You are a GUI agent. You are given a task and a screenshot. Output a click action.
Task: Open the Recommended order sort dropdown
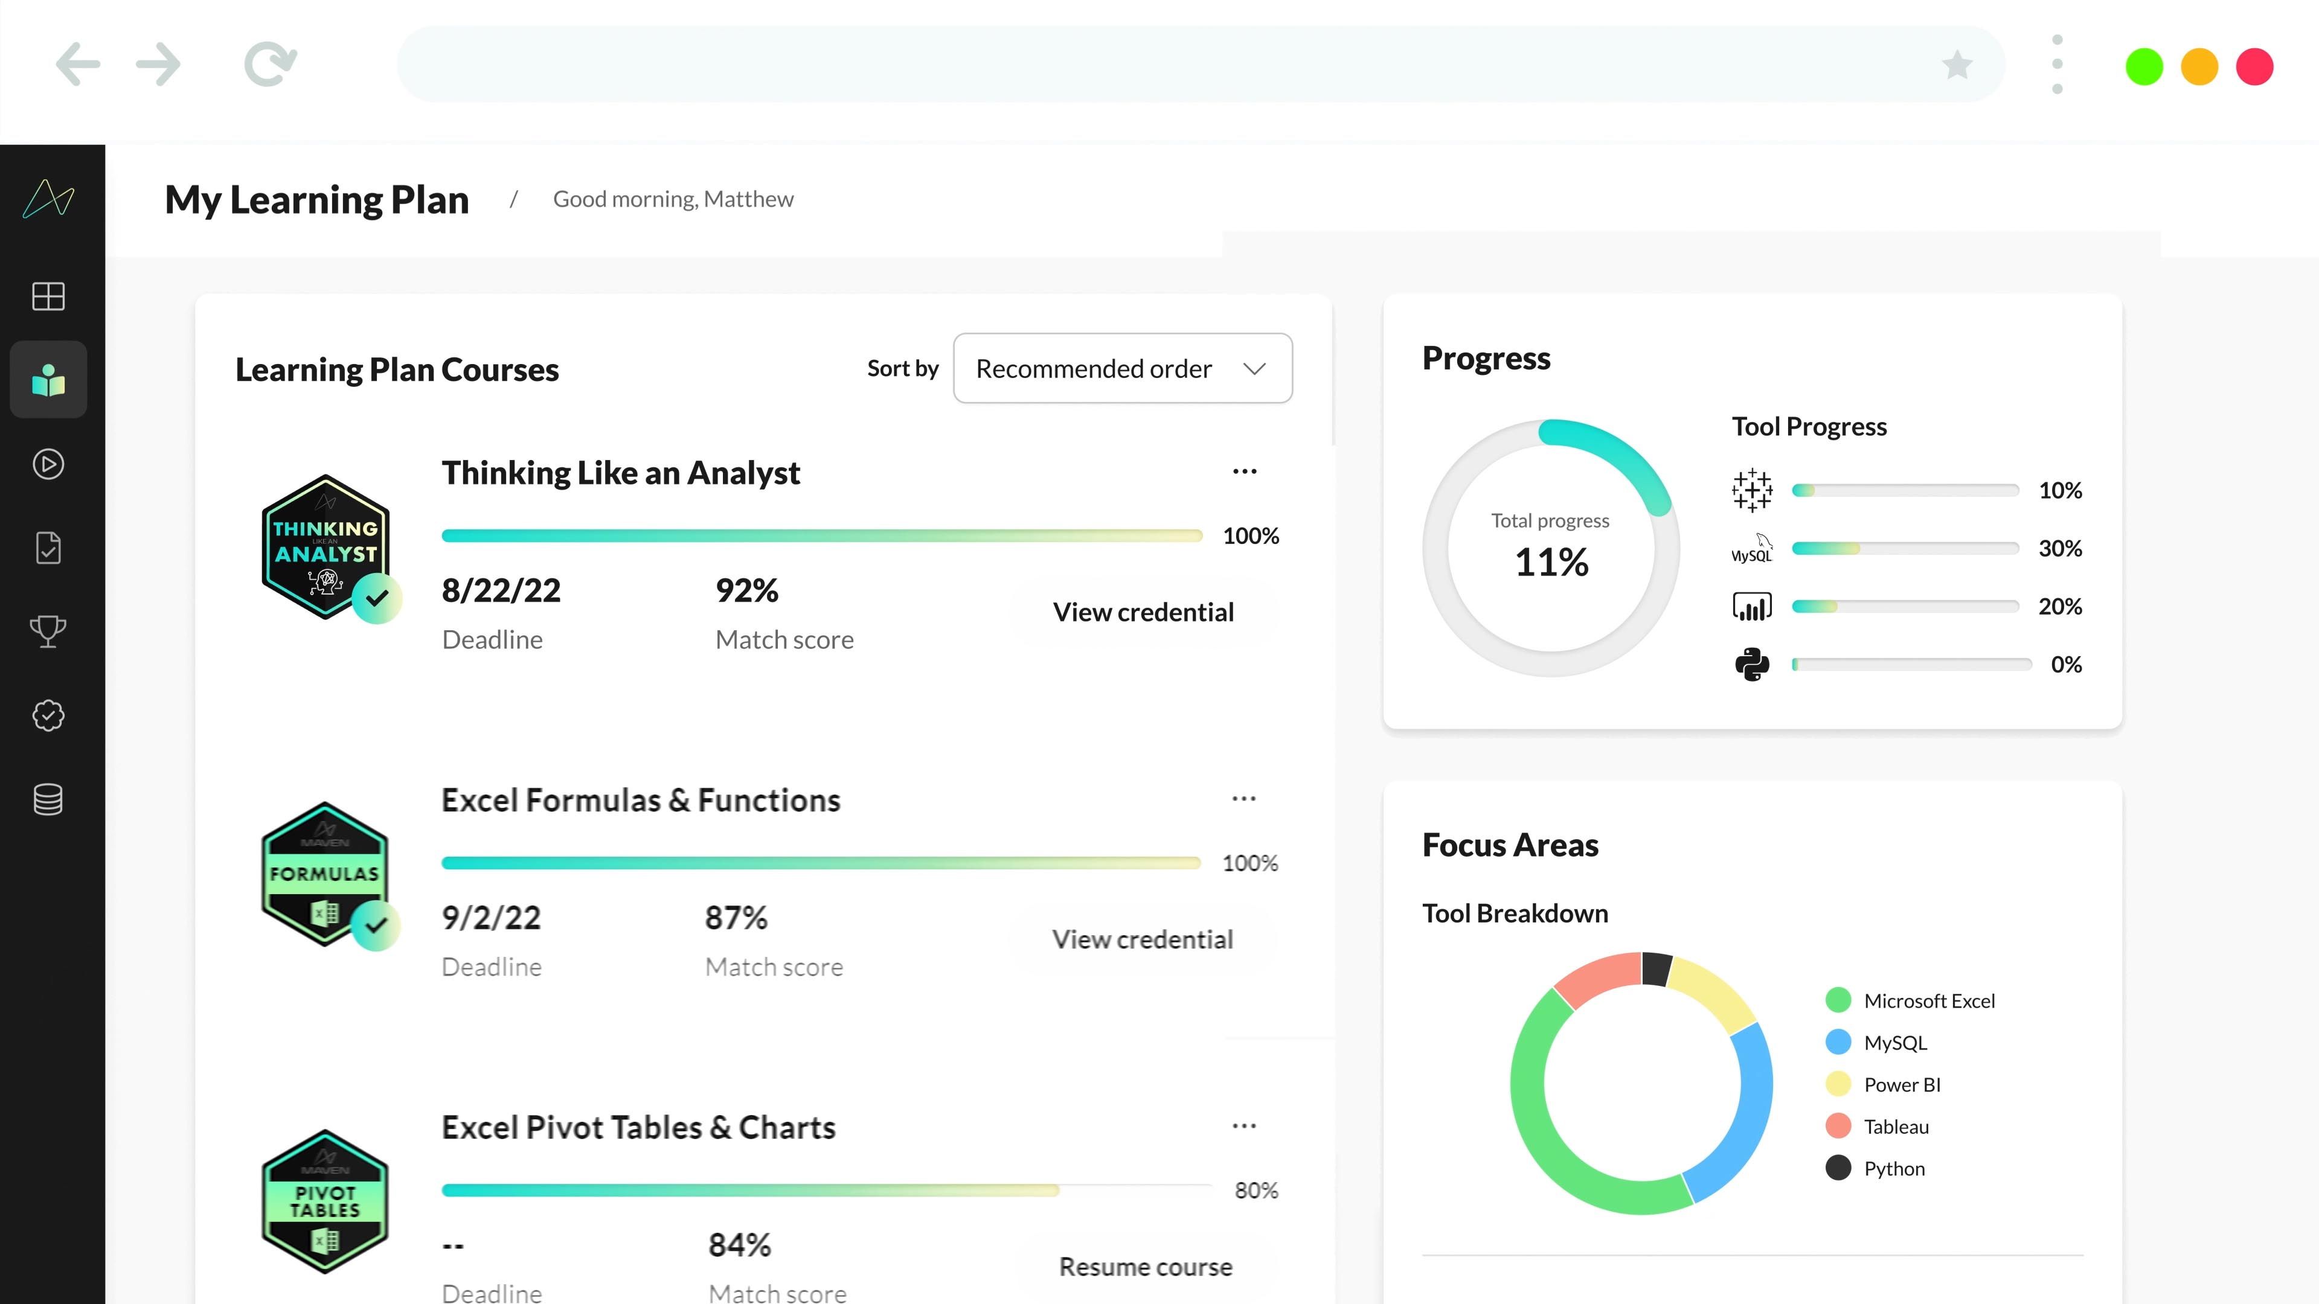[1123, 368]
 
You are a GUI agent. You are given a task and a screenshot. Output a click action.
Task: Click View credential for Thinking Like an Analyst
[1143, 612]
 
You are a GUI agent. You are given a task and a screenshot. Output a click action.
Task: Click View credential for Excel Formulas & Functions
[1143, 939]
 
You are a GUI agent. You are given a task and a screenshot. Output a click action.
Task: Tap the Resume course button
[1145, 1267]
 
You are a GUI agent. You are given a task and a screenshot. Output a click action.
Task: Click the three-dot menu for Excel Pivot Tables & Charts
[1244, 1126]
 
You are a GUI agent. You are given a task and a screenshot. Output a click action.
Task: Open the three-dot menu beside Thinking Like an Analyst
[1244, 471]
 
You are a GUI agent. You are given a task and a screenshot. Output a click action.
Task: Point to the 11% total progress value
[1551, 563]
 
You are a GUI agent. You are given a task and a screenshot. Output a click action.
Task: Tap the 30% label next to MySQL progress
[2060, 548]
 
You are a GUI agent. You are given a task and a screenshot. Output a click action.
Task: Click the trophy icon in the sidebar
[48, 631]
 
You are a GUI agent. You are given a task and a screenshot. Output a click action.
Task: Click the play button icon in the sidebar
[48, 464]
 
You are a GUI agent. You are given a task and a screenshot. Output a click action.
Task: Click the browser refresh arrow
[270, 64]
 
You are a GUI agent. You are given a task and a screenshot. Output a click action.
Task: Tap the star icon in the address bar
[1957, 65]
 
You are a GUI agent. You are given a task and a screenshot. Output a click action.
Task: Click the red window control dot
[2254, 66]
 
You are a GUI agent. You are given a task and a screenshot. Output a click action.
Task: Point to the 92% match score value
[747, 591]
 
